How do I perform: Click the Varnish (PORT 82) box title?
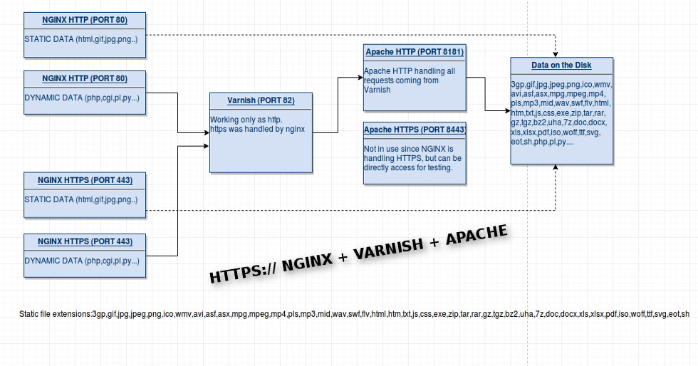click(261, 100)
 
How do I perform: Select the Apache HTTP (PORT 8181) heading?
click(415, 52)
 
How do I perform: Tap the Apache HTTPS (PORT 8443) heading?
click(415, 130)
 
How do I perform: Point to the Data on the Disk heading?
click(561, 66)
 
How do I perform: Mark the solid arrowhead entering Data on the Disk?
click(507, 110)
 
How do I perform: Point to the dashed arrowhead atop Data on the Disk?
click(556, 56)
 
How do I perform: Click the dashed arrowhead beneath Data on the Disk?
click(556, 169)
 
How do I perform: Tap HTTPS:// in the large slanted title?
click(243, 271)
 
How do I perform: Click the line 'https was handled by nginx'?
click(257, 129)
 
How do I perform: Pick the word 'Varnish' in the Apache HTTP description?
click(377, 90)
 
